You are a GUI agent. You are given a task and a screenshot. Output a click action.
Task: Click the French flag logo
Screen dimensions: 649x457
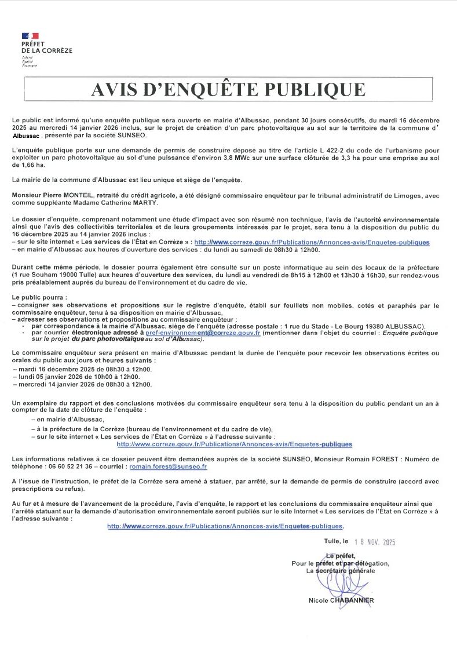point(30,37)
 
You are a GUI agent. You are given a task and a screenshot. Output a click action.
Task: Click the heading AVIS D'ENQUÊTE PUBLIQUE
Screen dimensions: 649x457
point(228,89)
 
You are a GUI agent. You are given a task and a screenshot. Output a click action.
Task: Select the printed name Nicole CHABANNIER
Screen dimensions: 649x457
point(341,600)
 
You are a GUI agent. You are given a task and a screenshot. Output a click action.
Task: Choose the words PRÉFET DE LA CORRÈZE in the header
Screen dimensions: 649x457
point(46,48)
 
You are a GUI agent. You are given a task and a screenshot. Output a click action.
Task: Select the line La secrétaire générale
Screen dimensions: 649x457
point(341,571)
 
